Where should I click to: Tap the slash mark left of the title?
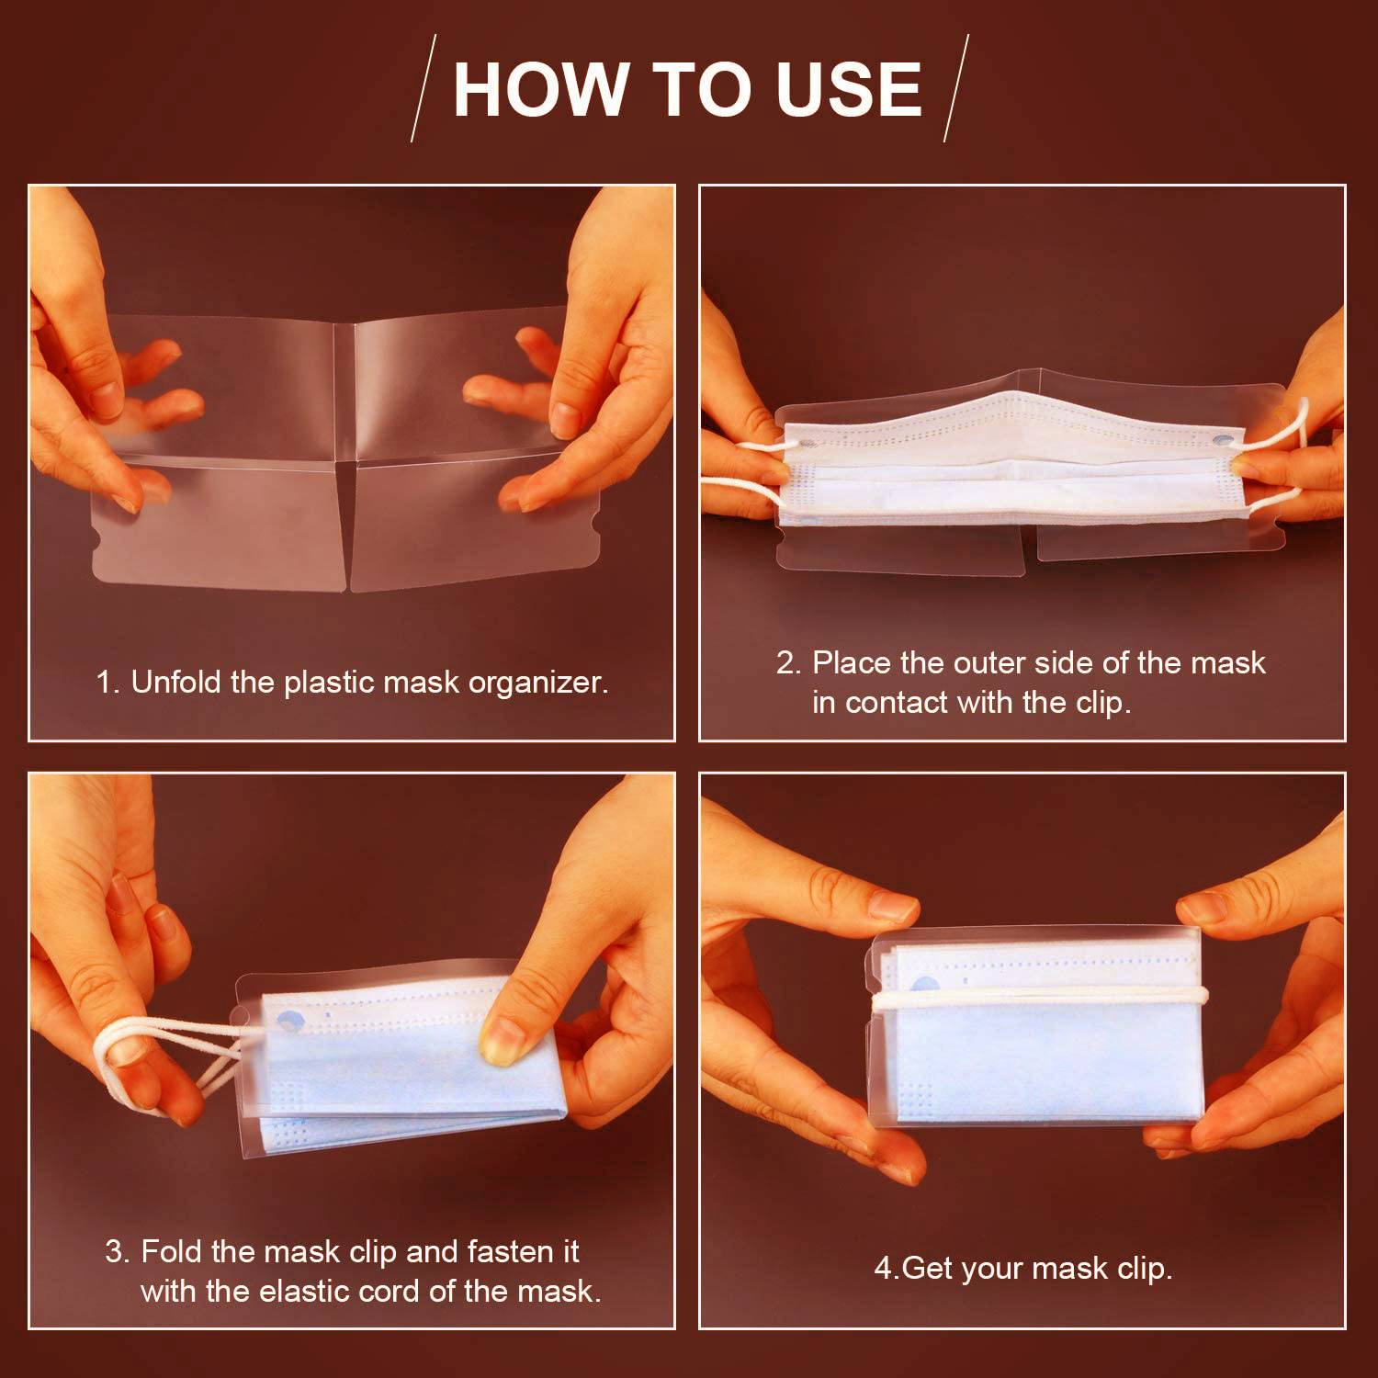(424, 88)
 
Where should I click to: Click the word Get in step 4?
(928, 1269)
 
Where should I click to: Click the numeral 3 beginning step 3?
(116, 1251)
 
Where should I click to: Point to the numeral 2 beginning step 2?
(788, 662)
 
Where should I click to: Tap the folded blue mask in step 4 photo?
(1038, 1033)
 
